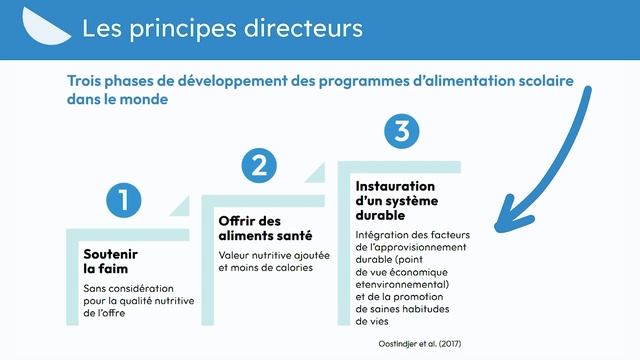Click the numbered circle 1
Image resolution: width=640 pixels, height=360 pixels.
pos(123,199)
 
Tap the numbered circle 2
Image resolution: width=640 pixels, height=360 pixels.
pos(259,165)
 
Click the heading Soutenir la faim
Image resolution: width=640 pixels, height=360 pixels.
pos(110,261)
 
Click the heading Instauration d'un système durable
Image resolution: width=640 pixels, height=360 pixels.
pos(396,200)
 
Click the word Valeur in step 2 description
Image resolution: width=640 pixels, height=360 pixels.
pos(234,255)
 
